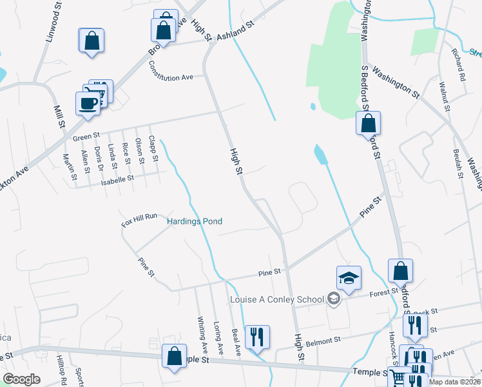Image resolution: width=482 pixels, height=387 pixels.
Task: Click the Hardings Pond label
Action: (x=195, y=222)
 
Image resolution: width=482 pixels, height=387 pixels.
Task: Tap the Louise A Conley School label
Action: (x=277, y=299)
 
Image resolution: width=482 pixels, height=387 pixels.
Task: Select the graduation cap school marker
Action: (x=349, y=278)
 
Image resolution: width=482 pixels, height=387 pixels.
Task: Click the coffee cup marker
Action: (x=88, y=103)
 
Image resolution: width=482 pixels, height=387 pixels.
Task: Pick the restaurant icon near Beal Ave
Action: (x=257, y=337)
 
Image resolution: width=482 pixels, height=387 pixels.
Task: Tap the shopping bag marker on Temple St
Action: (x=174, y=357)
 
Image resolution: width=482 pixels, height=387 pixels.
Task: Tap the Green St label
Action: (x=87, y=137)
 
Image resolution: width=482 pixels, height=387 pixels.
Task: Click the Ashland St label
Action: (x=236, y=30)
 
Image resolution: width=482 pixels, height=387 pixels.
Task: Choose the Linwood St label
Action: (x=52, y=25)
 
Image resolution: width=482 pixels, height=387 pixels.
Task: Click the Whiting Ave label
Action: (x=202, y=335)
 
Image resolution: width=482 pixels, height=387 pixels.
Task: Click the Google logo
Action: (x=22, y=379)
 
